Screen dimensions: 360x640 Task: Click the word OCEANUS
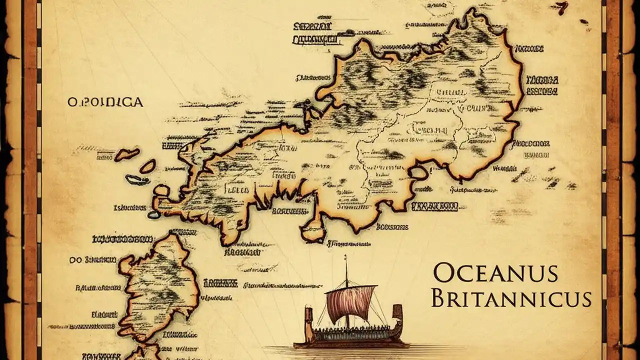click(494, 274)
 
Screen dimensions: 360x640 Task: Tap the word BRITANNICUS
click(511, 299)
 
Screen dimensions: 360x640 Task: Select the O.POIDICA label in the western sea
click(105, 102)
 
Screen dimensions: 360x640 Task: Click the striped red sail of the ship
click(351, 303)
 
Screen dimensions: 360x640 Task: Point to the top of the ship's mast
click(345, 258)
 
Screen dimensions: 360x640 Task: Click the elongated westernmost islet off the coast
click(126, 154)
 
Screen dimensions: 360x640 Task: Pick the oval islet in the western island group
click(147, 166)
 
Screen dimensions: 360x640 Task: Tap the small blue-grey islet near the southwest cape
click(153, 214)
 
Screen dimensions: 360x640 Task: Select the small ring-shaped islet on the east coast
click(418, 173)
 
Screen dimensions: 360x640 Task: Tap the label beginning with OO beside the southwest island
click(93, 260)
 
